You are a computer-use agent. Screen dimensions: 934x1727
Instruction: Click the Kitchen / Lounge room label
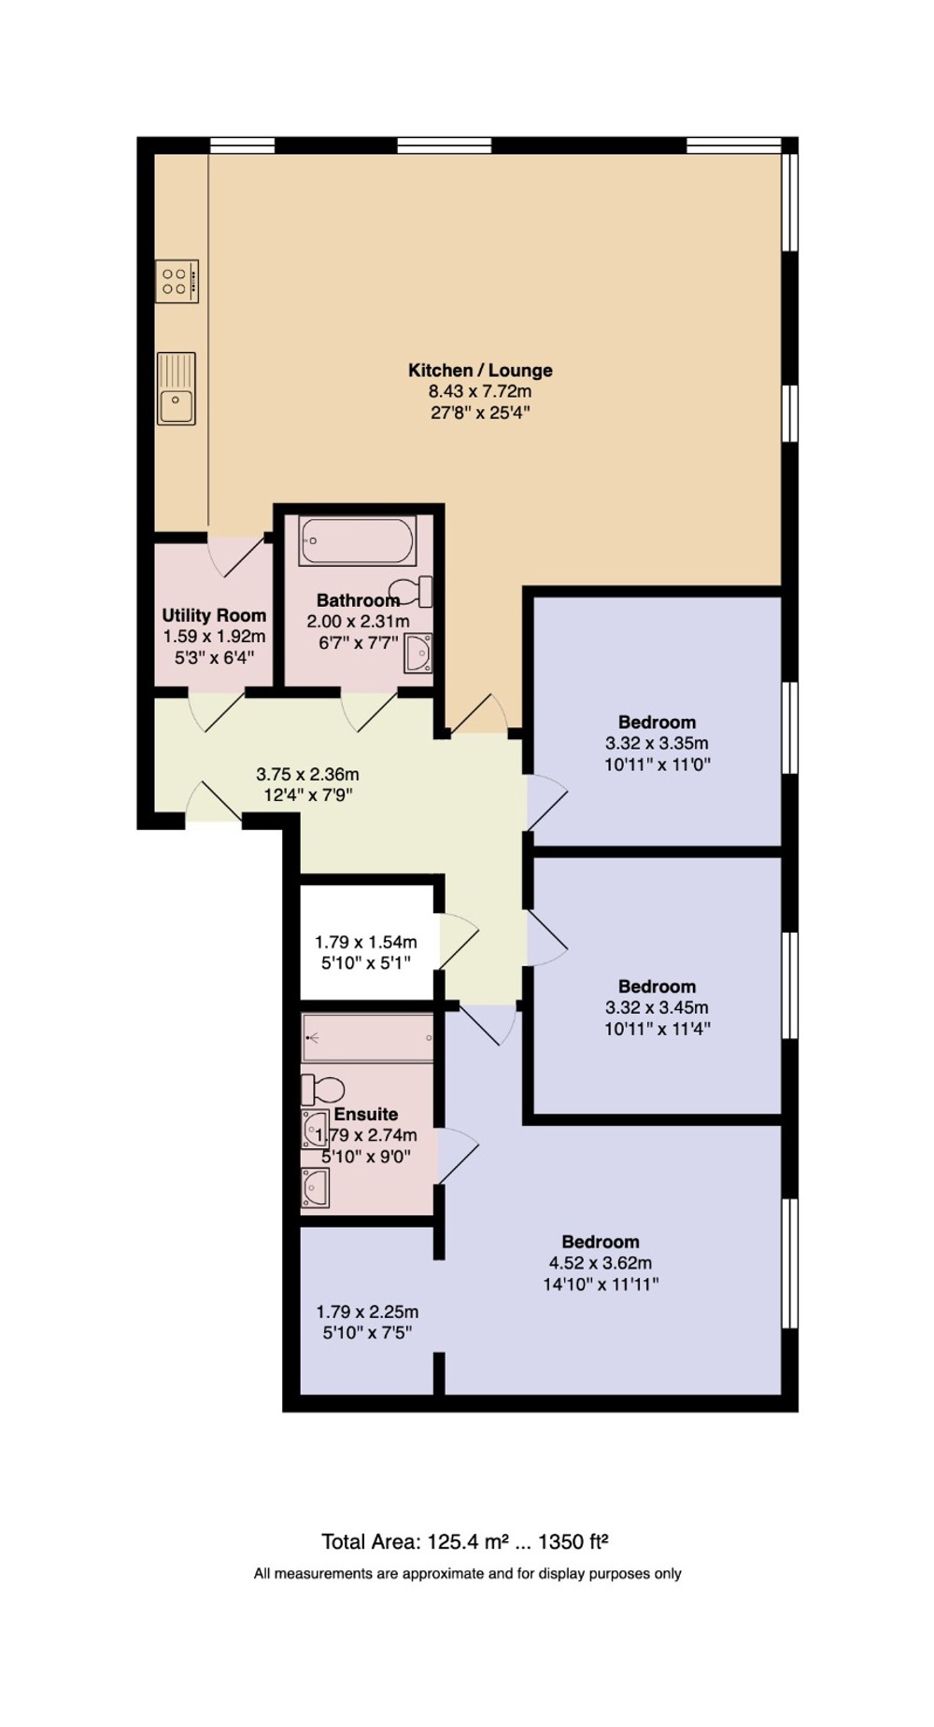pyautogui.click(x=480, y=371)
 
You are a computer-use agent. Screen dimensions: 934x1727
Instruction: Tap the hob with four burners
pyautogui.click(x=177, y=281)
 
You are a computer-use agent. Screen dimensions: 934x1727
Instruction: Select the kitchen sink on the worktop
pyautogui.click(x=177, y=388)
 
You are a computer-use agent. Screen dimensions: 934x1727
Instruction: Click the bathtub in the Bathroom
pyautogui.click(x=357, y=541)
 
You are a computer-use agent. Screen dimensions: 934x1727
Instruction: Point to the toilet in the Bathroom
pyautogui.click(x=415, y=592)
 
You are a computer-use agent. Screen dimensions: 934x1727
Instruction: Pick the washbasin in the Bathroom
pyautogui.click(x=417, y=653)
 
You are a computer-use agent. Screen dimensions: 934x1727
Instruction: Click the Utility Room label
pyautogui.click(x=214, y=615)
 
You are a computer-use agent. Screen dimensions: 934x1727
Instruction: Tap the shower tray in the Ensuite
pyautogui.click(x=368, y=1038)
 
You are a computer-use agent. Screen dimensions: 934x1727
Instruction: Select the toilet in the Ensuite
pyautogui.click(x=322, y=1089)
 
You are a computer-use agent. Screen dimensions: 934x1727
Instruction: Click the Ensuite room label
pyautogui.click(x=366, y=1115)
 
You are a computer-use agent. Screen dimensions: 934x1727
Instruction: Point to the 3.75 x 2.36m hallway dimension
pyautogui.click(x=307, y=775)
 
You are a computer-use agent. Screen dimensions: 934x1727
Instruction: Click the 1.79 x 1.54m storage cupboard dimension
pyautogui.click(x=366, y=943)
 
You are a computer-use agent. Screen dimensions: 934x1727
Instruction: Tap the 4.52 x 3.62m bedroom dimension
pyautogui.click(x=601, y=1263)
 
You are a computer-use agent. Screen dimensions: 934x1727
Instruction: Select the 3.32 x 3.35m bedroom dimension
pyautogui.click(x=657, y=744)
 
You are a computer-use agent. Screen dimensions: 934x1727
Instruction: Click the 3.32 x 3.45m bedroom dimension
pyautogui.click(x=657, y=1008)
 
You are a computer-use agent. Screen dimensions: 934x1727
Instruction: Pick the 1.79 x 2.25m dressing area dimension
pyautogui.click(x=367, y=1312)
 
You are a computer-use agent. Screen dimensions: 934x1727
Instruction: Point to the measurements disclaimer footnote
pyautogui.click(x=467, y=1574)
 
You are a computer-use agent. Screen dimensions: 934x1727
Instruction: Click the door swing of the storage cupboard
pyautogui.click(x=460, y=942)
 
